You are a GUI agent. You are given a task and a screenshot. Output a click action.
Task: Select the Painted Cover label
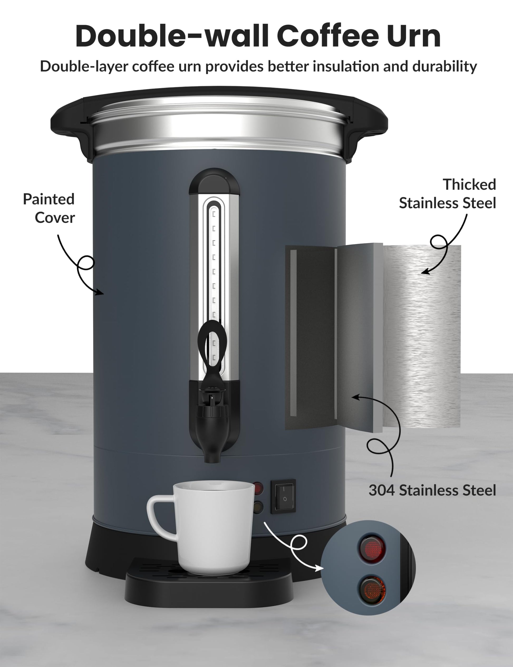49,208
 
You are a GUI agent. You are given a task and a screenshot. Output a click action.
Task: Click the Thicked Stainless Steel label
448,194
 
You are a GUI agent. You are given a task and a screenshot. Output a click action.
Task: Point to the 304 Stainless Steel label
432,490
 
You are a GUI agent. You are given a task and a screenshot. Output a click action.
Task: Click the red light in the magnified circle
372,549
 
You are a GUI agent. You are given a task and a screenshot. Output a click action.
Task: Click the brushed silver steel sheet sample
423,336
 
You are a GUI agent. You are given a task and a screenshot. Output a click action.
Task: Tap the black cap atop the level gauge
214,182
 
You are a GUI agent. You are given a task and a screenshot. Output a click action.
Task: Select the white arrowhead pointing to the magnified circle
319,569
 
